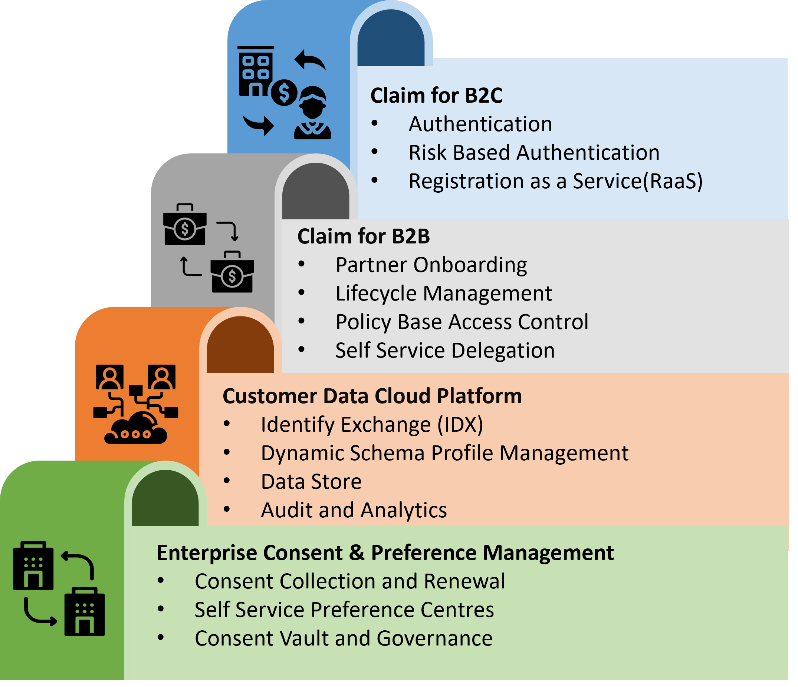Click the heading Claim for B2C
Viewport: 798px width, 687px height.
436,95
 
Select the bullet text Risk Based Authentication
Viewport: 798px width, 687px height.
534,152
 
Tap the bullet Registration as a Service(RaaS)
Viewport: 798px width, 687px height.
555,181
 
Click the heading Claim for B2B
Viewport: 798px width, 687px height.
363,236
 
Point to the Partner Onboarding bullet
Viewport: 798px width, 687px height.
431,265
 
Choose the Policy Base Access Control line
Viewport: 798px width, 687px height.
462,322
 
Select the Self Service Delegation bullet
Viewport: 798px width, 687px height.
445,350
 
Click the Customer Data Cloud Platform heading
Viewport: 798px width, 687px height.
372,396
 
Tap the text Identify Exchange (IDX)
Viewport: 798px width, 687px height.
372,424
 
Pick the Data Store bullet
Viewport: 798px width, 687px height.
311,481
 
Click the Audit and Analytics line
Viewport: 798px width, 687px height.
354,510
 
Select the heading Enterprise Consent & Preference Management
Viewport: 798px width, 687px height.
385,553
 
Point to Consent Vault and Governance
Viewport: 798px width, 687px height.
344,638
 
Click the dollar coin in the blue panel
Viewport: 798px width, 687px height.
284,93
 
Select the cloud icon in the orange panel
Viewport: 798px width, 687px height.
136,428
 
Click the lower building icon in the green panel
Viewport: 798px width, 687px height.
84,612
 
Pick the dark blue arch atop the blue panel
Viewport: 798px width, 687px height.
391,39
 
